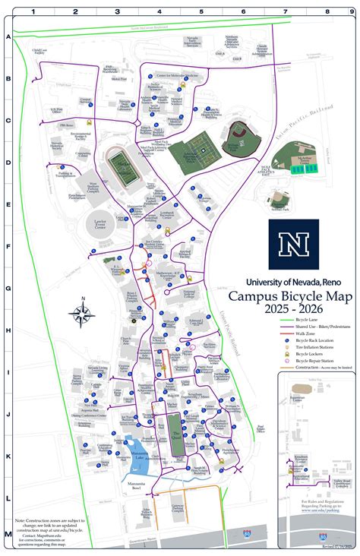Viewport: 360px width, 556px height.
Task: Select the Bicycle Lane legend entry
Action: tap(308, 319)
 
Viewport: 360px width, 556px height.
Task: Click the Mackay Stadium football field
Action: tap(124, 167)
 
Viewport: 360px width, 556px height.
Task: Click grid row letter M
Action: tap(8, 535)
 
